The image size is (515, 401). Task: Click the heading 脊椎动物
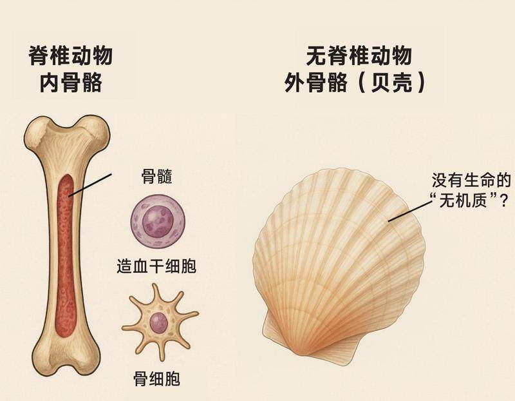pyautogui.click(x=71, y=57)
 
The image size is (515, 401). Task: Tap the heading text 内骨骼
pyautogui.click(x=71, y=83)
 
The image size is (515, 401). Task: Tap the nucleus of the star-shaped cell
pyautogui.click(x=159, y=321)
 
